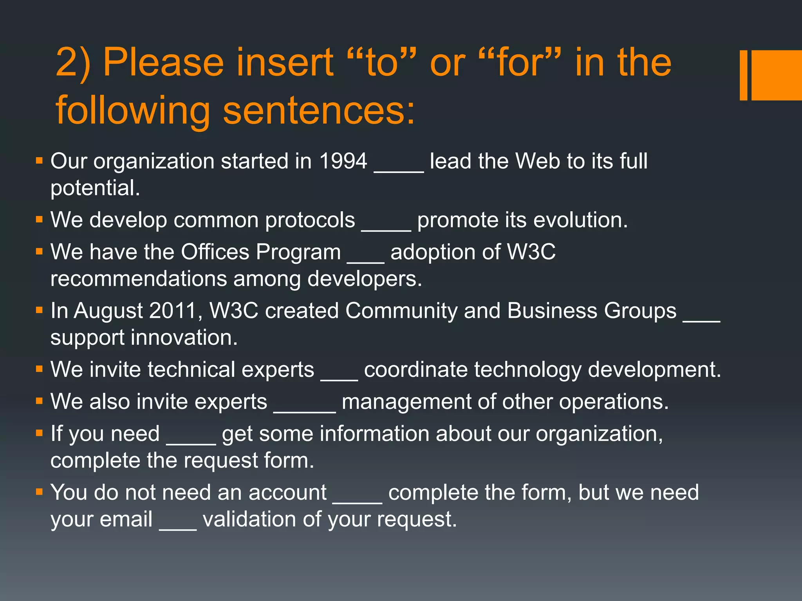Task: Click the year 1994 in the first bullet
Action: [x=343, y=161]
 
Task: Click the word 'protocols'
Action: [x=310, y=220]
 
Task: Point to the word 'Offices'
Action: [x=215, y=252]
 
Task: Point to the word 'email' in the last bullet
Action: [x=126, y=520]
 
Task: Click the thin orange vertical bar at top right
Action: [x=743, y=75]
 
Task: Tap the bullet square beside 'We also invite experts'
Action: [x=39, y=401]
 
